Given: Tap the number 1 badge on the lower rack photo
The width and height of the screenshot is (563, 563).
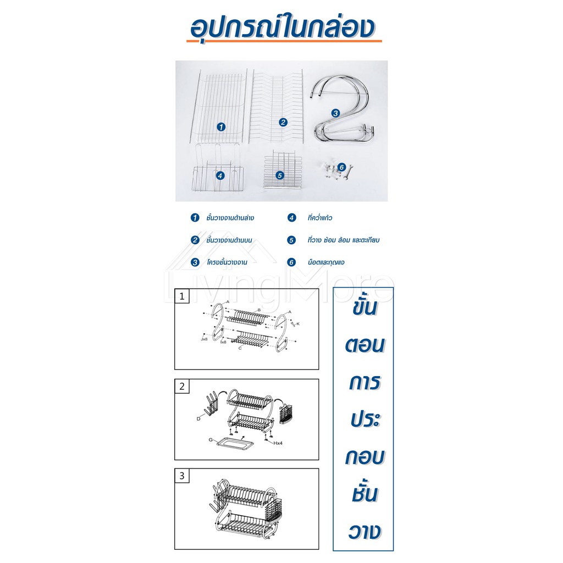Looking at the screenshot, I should pos(221,127).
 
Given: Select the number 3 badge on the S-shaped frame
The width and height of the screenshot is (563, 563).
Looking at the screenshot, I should pos(335,113).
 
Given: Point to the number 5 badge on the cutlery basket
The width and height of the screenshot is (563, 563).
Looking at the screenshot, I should pos(280,175).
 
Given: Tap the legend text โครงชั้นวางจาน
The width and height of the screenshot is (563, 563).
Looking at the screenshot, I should pos(227,262).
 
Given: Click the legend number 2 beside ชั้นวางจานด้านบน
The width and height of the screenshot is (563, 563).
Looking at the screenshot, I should pos(195,240).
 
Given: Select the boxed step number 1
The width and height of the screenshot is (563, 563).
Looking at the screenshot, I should pos(182,296).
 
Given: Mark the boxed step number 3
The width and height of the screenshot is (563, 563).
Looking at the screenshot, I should pos(182,476).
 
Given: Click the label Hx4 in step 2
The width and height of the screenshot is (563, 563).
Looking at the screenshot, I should pos(278,443).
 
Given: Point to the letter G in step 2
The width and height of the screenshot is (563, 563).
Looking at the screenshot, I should pos(210,440).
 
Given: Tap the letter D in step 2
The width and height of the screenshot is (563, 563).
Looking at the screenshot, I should pos(198,418).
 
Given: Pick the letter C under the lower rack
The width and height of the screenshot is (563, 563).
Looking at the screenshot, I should pos(240,348).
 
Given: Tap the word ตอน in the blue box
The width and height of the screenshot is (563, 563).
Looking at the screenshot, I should pos(365,345).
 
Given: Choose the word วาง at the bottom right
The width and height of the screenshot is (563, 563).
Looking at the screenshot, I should pos(364,532).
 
